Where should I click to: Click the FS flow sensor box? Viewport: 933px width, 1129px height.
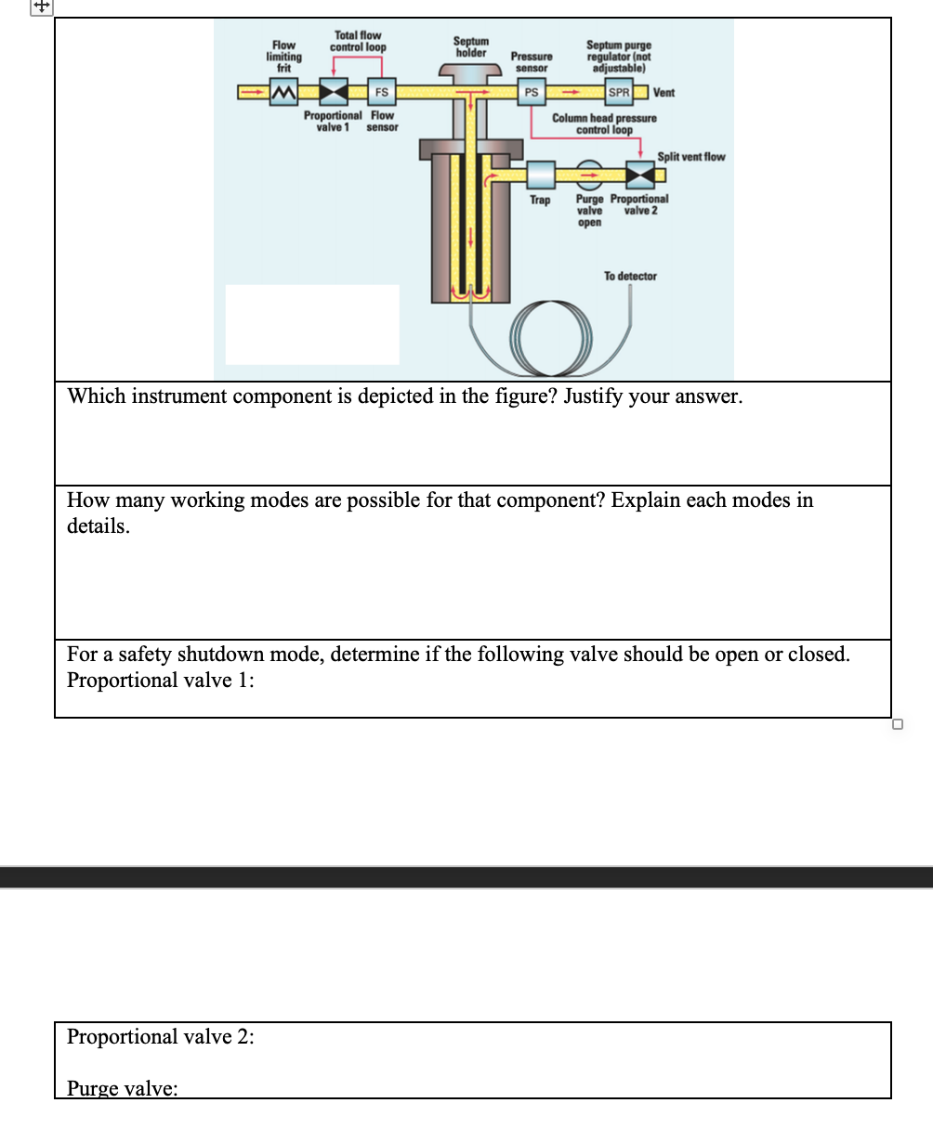(381, 92)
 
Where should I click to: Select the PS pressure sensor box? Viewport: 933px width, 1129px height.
(531, 92)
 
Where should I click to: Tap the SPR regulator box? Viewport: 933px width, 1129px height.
(618, 92)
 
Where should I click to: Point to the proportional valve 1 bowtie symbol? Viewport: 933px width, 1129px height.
(333, 92)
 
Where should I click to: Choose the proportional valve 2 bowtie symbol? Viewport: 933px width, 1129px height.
(639, 174)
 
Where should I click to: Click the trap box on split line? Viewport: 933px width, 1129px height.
(540, 174)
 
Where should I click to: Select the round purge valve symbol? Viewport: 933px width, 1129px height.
(589, 174)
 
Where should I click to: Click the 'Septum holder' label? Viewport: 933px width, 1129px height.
(470, 47)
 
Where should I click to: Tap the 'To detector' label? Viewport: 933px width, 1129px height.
(630, 276)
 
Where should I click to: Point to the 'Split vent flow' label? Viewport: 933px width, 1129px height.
(690, 157)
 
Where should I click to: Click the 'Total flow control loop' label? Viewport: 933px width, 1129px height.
(358, 41)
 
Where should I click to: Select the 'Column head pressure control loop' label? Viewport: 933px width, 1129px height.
(604, 123)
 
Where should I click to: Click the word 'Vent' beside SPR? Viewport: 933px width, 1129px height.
(664, 92)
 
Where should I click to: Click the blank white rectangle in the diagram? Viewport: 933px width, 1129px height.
(312, 324)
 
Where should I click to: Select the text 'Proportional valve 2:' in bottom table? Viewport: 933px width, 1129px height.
(161, 1036)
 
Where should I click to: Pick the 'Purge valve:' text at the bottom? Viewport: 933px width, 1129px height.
(122, 1088)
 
